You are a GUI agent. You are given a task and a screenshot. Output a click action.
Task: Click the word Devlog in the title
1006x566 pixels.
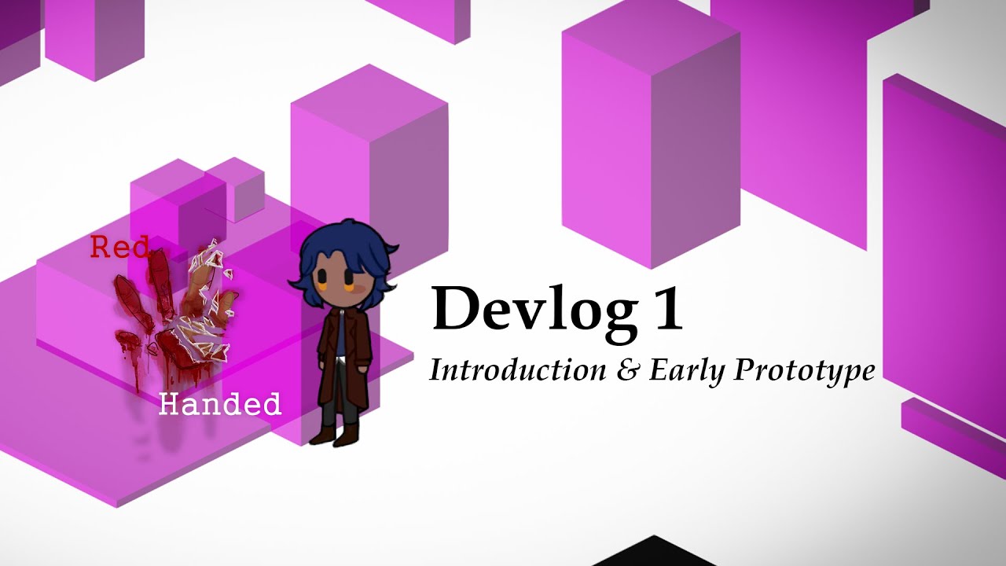click(534, 309)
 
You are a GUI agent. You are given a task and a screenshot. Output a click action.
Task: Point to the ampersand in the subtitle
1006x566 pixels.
click(627, 370)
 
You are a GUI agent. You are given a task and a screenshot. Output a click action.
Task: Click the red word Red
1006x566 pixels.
click(119, 248)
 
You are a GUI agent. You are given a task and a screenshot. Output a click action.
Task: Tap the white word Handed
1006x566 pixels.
click(219, 404)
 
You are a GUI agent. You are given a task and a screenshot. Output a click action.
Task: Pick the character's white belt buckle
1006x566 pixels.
click(340, 362)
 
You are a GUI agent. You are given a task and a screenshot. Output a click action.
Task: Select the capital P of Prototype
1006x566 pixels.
click(743, 369)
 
